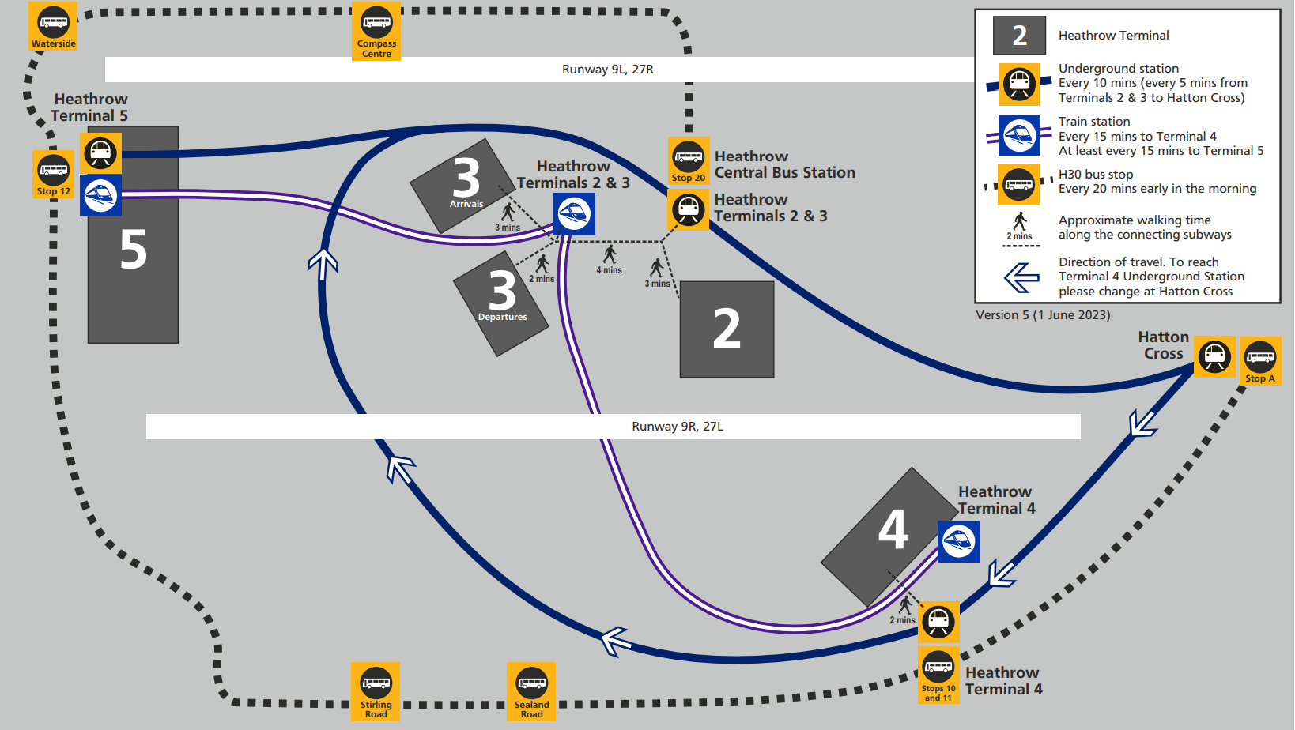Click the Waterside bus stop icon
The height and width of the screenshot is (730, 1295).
click(x=53, y=26)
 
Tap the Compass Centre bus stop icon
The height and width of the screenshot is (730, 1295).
click(x=376, y=31)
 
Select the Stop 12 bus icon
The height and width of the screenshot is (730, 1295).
click(x=54, y=174)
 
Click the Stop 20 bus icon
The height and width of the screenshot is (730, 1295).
click(x=689, y=160)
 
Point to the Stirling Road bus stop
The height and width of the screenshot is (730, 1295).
click(x=376, y=691)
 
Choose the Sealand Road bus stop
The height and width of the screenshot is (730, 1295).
click(x=531, y=691)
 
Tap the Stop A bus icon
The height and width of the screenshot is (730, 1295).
click(x=1260, y=361)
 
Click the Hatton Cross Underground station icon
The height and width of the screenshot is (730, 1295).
click(x=1214, y=357)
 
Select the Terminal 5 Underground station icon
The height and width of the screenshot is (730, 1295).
click(x=100, y=153)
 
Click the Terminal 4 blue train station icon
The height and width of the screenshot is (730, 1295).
click(x=958, y=541)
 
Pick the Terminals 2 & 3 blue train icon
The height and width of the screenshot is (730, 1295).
click(x=574, y=213)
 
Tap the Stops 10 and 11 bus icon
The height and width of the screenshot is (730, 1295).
click(x=938, y=675)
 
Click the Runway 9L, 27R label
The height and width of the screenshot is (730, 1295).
click(x=608, y=70)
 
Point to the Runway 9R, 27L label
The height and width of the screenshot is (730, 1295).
click(x=678, y=426)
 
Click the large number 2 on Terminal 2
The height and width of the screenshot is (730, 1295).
click(x=727, y=329)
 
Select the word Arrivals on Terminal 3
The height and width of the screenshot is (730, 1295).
click(x=466, y=204)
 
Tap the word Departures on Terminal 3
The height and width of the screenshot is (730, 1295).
click(x=502, y=317)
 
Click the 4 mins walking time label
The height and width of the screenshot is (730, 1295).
click(x=610, y=270)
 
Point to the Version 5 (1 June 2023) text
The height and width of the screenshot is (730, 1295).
click(x=1043, y=315)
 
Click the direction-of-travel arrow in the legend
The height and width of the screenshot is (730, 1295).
click(x=1021, y=277)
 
